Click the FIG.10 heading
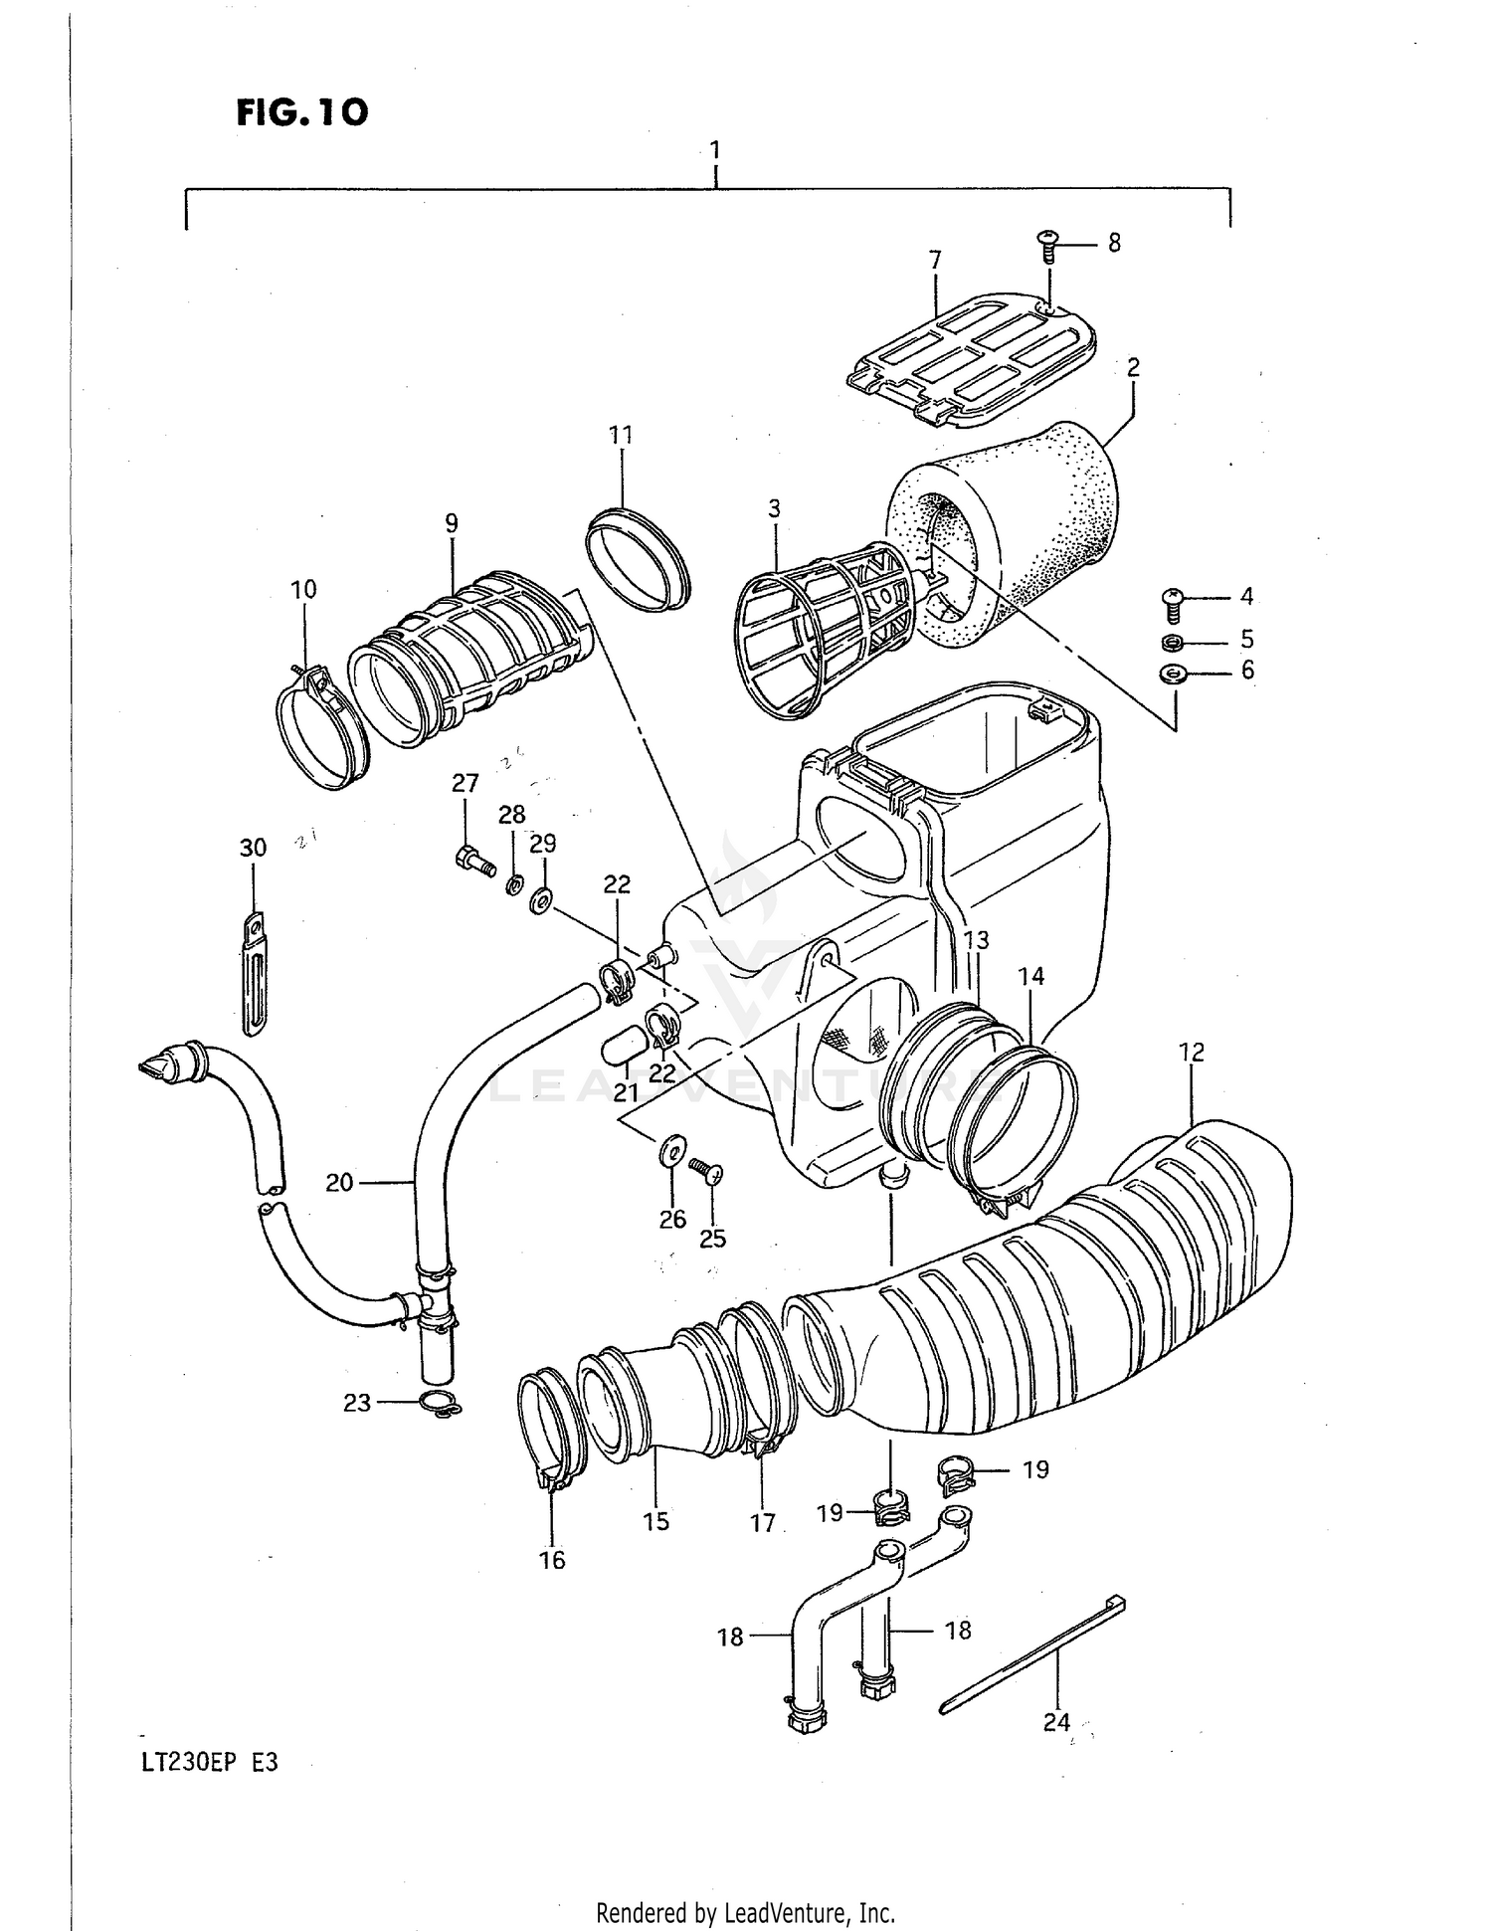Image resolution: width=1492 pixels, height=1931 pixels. point(302,112)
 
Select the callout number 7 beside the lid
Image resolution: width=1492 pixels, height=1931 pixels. point(934,261)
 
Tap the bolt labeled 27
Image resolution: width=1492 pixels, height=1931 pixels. point(475,861)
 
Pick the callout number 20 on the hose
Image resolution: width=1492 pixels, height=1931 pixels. point(339,1182)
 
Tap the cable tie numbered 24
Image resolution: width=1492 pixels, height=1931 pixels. point(1034,1656)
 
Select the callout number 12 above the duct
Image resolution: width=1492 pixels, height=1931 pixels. point(1192,1052)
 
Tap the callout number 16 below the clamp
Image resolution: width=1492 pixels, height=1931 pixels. point(552,1559)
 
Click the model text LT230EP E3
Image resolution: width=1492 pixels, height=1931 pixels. point(208,1762)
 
